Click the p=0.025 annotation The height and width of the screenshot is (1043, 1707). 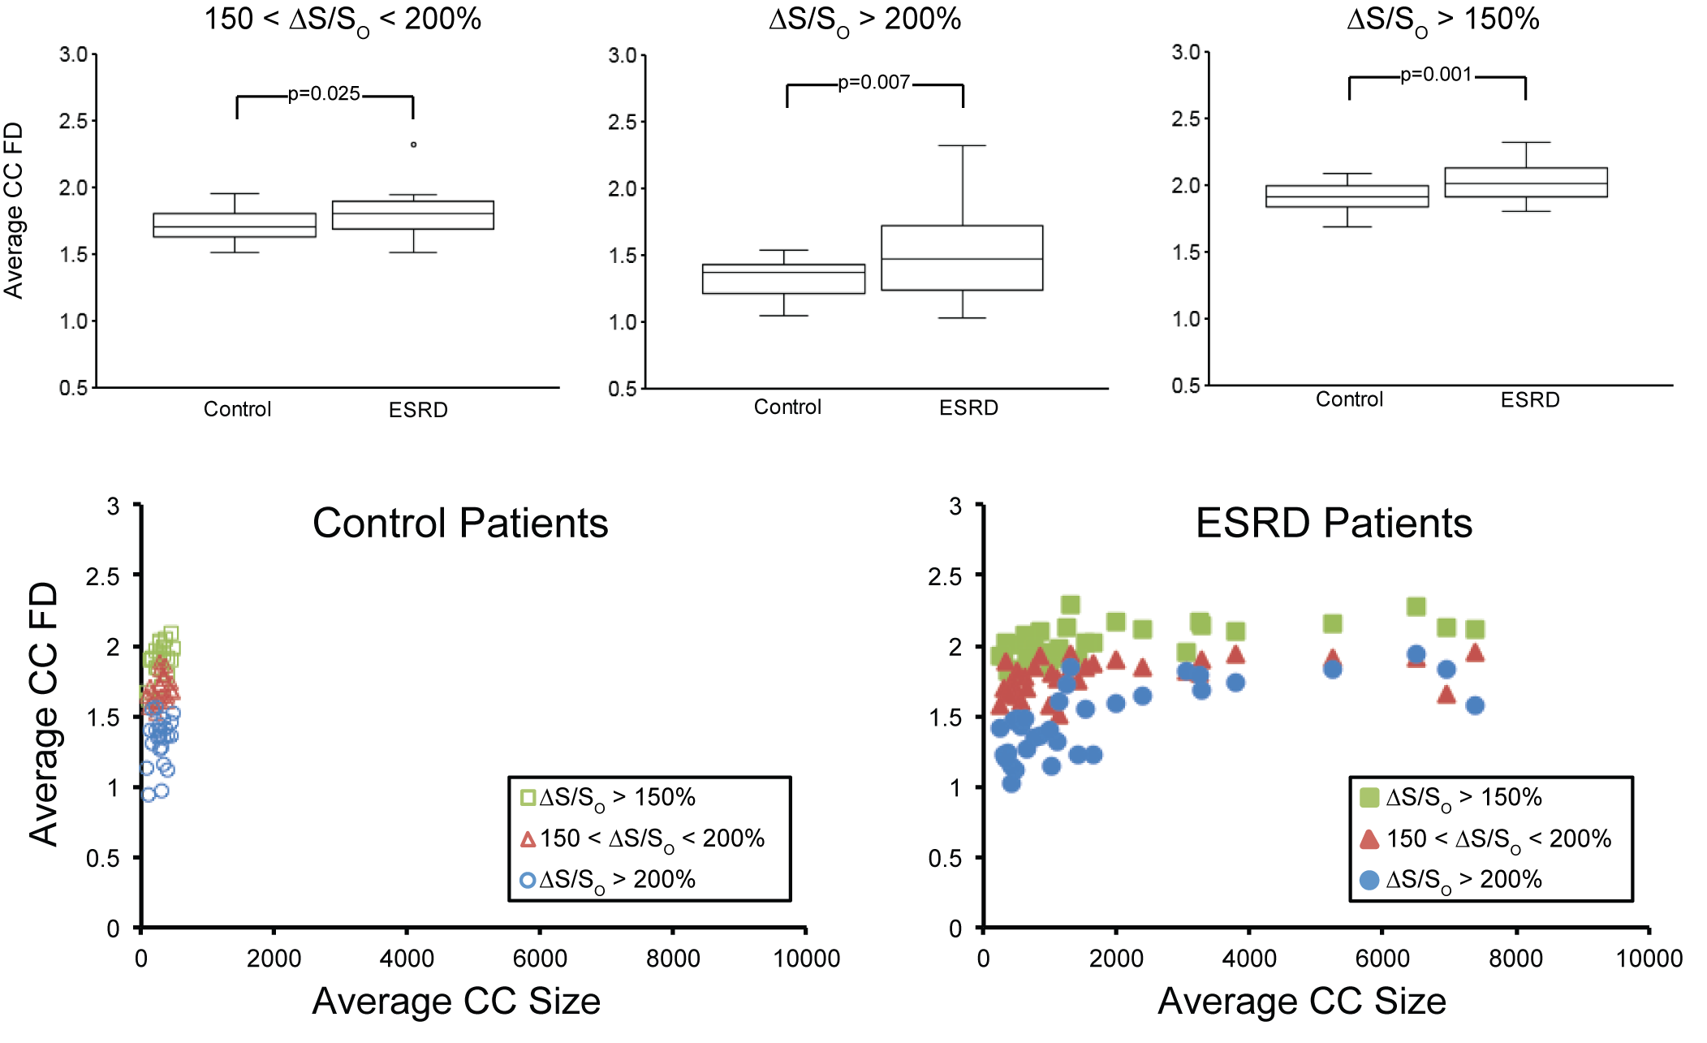324,94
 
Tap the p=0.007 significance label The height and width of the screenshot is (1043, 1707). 873,83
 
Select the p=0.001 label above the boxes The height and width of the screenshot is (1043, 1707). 1436,75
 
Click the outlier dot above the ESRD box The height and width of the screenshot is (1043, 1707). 414,144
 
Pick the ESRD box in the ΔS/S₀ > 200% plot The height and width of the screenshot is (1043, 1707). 962,257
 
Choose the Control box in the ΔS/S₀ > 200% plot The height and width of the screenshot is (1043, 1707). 783,278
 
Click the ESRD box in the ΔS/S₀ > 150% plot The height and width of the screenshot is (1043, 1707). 1526,183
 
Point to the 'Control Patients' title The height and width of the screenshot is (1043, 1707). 460,523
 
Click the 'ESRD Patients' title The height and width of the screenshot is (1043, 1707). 1334,523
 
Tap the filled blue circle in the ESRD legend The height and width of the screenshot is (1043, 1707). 1369,880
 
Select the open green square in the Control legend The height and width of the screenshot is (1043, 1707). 528,797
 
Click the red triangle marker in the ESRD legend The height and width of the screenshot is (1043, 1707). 1369,839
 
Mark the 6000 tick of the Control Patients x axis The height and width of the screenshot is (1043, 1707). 540,959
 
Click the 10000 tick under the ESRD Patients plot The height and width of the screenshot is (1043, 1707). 1649,959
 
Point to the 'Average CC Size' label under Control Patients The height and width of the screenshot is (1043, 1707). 456,1001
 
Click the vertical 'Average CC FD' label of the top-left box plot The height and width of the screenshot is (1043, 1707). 14,211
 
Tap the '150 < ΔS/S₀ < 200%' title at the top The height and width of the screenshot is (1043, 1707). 343,19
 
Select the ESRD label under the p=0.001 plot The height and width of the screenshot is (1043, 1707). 1530,400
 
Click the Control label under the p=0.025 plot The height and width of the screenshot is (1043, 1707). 237,409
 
